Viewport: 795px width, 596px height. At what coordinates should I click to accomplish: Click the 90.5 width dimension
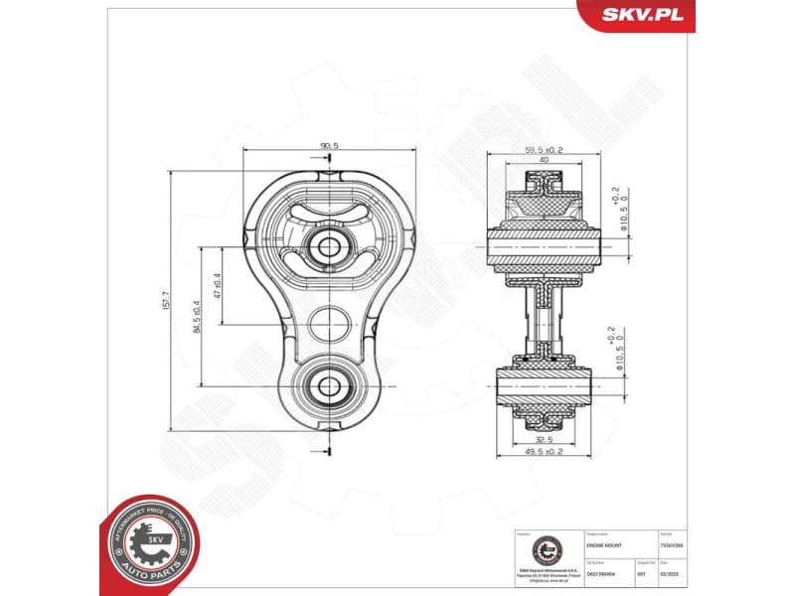pos(329,145)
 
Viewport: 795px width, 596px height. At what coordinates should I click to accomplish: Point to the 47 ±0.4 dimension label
pos(216,285)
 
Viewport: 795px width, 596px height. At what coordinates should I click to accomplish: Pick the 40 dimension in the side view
pos(543,160)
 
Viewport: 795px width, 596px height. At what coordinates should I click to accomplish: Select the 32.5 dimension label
pos(543,439)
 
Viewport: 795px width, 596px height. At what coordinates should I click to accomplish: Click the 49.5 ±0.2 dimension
pos(543,452)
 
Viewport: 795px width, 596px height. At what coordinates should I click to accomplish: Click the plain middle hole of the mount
pos(328,321)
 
